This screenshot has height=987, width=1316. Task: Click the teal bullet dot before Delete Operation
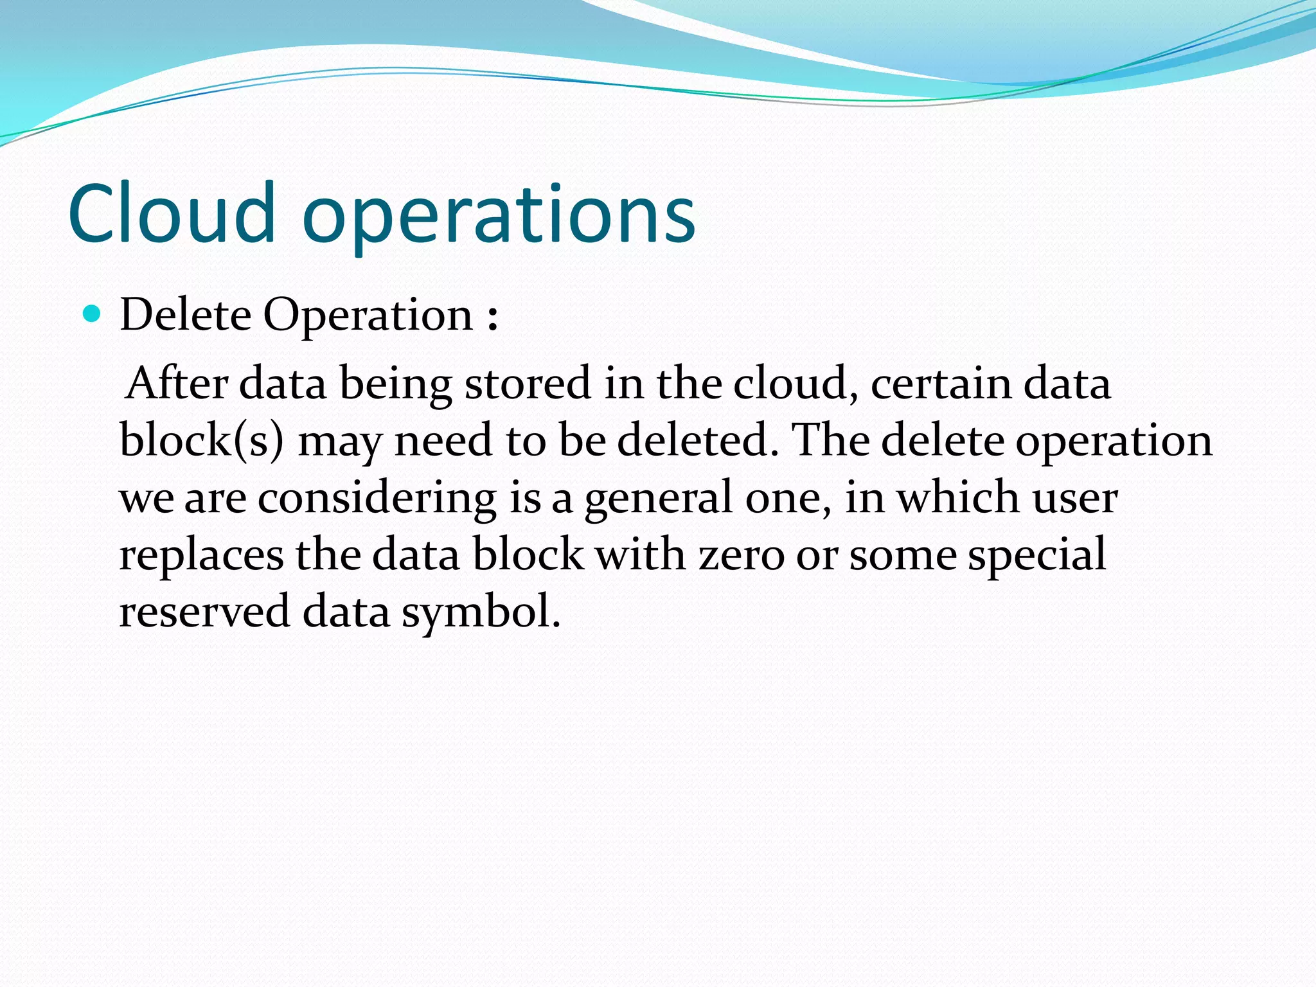coord(93,314)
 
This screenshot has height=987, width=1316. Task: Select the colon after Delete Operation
coord(492,317)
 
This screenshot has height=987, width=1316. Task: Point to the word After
coord(177,383)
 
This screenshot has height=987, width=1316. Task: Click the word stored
coord(527,383)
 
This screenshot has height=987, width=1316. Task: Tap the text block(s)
coord(201,441)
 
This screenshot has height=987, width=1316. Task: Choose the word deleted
coord(697,441)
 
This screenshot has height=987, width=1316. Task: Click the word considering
coord(377,498)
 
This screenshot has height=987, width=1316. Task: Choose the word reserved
coord(204,611)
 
